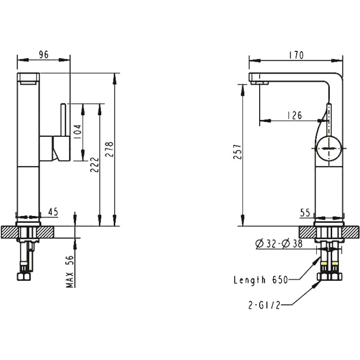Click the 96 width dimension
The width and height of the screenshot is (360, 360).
(x=44, y=54)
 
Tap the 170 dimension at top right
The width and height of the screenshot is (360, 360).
(x=296, y=55)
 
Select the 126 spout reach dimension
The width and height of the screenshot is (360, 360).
(x=295, y=115)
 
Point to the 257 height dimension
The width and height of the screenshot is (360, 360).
(x=238, y=152)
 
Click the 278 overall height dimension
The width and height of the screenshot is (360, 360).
(x=109, y=149)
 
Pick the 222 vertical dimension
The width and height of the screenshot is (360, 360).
(x=94, y=165)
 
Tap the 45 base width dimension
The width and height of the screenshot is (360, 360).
(x=53, y=212)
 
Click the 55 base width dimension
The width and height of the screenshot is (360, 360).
(x=305, y=213)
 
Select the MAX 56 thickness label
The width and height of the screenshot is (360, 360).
(x=70, y=271)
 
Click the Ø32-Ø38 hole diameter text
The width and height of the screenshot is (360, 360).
(x=279, y=244)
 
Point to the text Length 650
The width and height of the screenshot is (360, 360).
(x=261, y=280)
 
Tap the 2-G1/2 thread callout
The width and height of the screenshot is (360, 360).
(x=264, y=305)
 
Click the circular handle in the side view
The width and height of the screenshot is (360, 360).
(x=329, y=148)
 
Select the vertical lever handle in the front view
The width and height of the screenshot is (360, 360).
(x=63, y=120)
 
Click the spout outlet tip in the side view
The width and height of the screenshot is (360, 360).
(x=260, y=83)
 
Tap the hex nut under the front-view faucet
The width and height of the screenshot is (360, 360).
(x=24, y=276)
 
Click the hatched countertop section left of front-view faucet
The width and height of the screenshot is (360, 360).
(x=9, y=232)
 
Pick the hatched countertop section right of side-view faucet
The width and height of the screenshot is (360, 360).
(x=351, y=232)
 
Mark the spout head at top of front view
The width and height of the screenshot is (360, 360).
(x=28, y=79)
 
